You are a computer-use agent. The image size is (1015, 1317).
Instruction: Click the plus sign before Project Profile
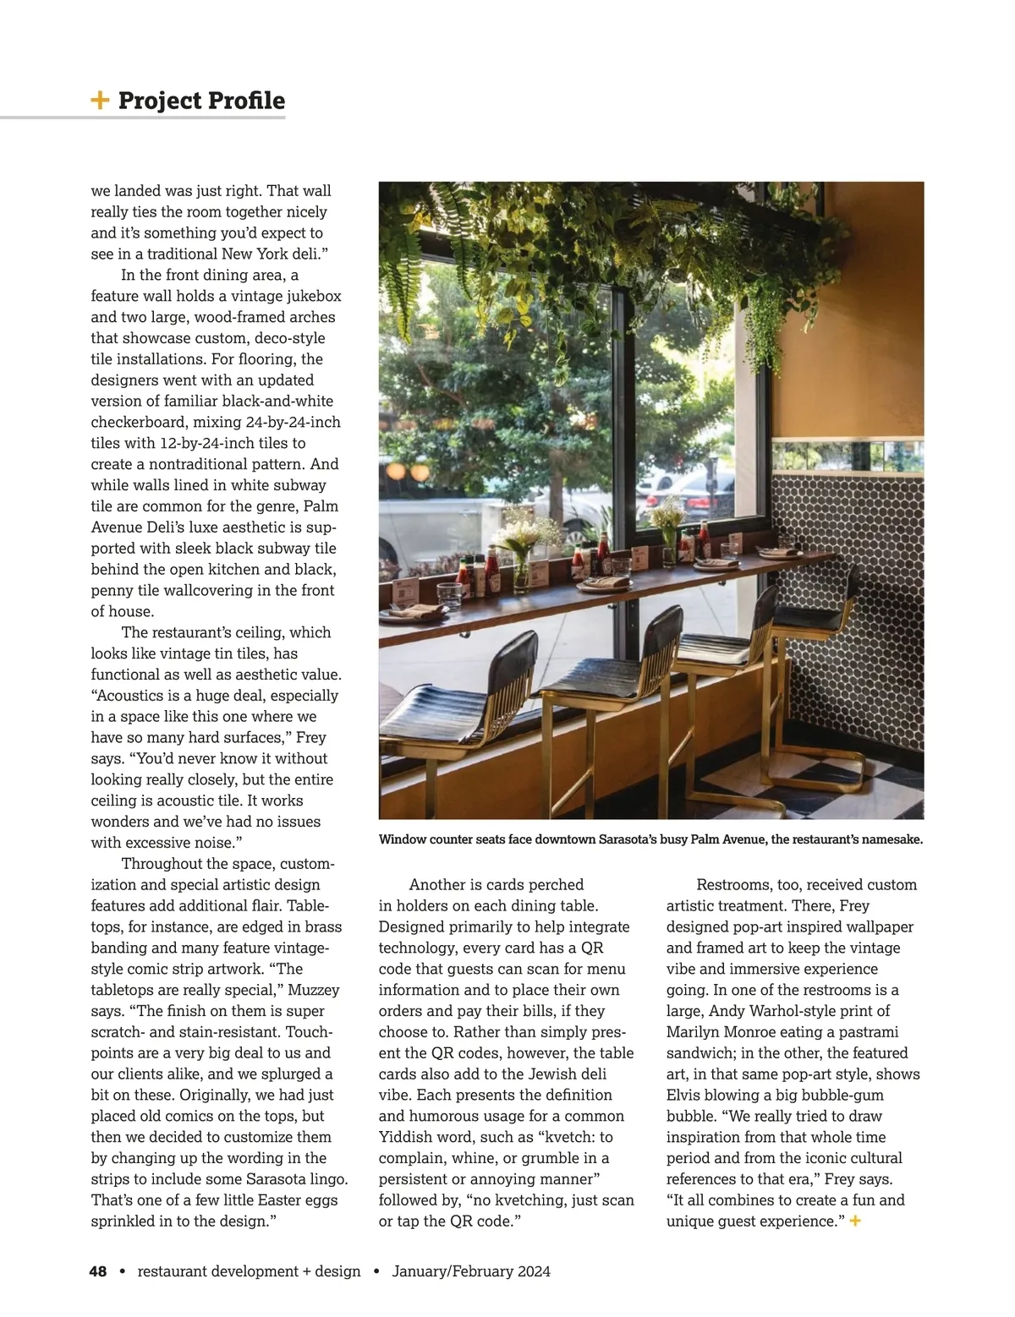[100, 101]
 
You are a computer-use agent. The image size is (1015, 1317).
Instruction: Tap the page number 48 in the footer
[98, 1271]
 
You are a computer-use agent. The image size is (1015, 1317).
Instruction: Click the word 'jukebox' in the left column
[310, 296]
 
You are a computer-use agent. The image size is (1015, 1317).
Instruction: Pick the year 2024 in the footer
[531, 1271]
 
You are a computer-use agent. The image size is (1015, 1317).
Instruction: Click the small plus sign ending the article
[855, 1221]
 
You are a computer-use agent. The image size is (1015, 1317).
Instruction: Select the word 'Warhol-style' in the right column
[810, 1011]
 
